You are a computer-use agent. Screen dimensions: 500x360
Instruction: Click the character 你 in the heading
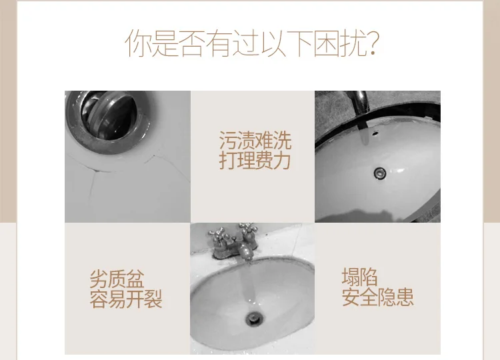(138, 43)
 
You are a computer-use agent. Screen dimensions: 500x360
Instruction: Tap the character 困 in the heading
(326, 43)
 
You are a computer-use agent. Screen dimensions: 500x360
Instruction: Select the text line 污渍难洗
(255, 140)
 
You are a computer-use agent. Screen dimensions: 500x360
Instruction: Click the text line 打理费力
(255, 160)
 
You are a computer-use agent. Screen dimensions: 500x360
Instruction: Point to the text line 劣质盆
(117, 279)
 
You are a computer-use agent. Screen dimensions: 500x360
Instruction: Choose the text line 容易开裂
(126, 299)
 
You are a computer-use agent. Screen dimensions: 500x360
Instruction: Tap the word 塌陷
(360, 277)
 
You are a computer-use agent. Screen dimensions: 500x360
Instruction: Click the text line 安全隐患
(378, 297)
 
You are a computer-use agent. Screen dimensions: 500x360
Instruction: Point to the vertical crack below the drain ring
(93, 188)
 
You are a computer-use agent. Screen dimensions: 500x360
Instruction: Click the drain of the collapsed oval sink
(380, 173)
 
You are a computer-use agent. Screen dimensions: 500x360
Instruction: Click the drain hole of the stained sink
(255, 318)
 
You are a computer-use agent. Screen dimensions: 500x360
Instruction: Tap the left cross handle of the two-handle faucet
(219, 236)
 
